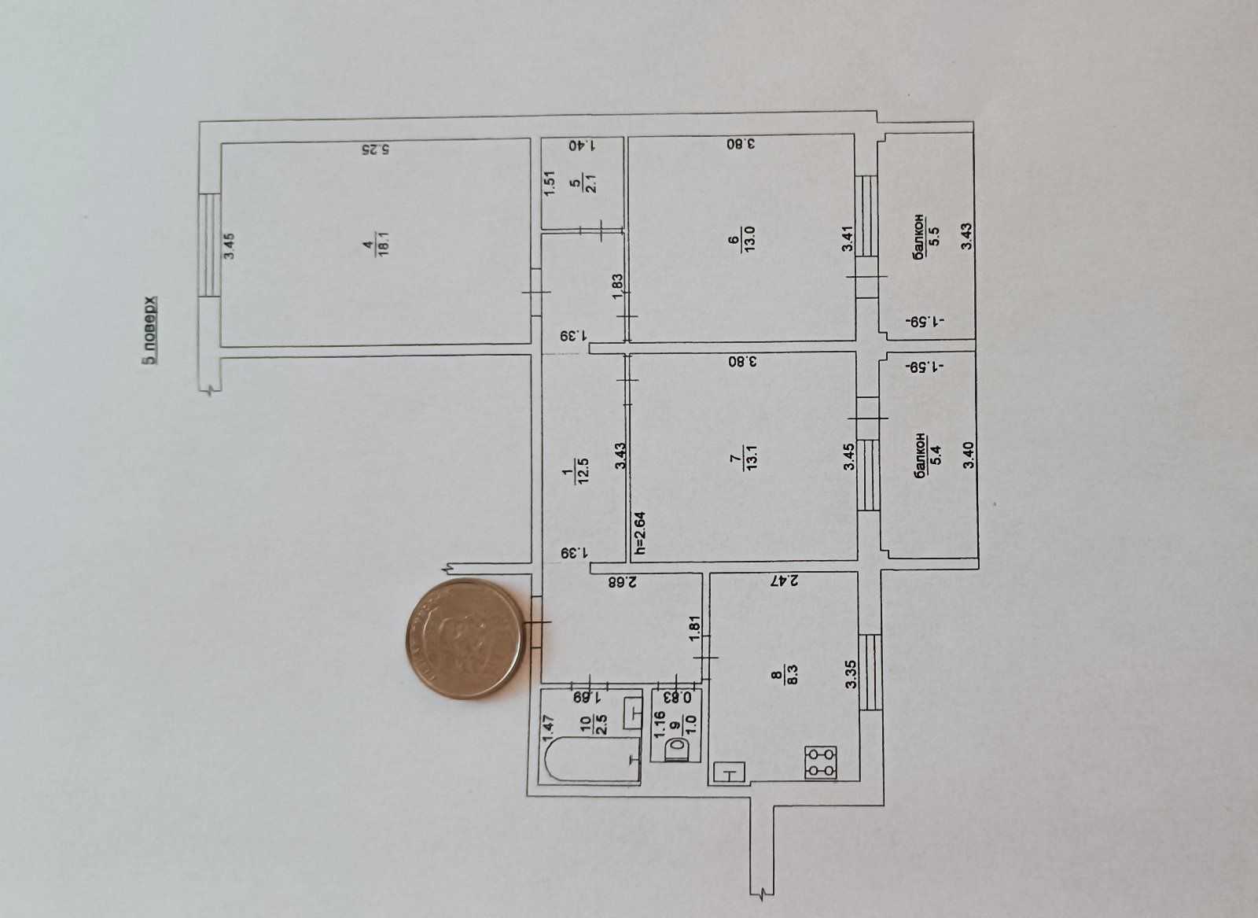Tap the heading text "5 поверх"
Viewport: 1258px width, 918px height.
149,330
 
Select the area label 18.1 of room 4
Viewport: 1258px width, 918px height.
384,245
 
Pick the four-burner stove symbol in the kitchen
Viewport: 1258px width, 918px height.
821,762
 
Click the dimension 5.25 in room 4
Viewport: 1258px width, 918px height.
377,150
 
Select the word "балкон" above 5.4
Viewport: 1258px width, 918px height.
920,455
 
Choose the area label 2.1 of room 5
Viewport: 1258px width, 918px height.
590,185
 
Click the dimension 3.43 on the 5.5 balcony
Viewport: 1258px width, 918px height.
966,236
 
